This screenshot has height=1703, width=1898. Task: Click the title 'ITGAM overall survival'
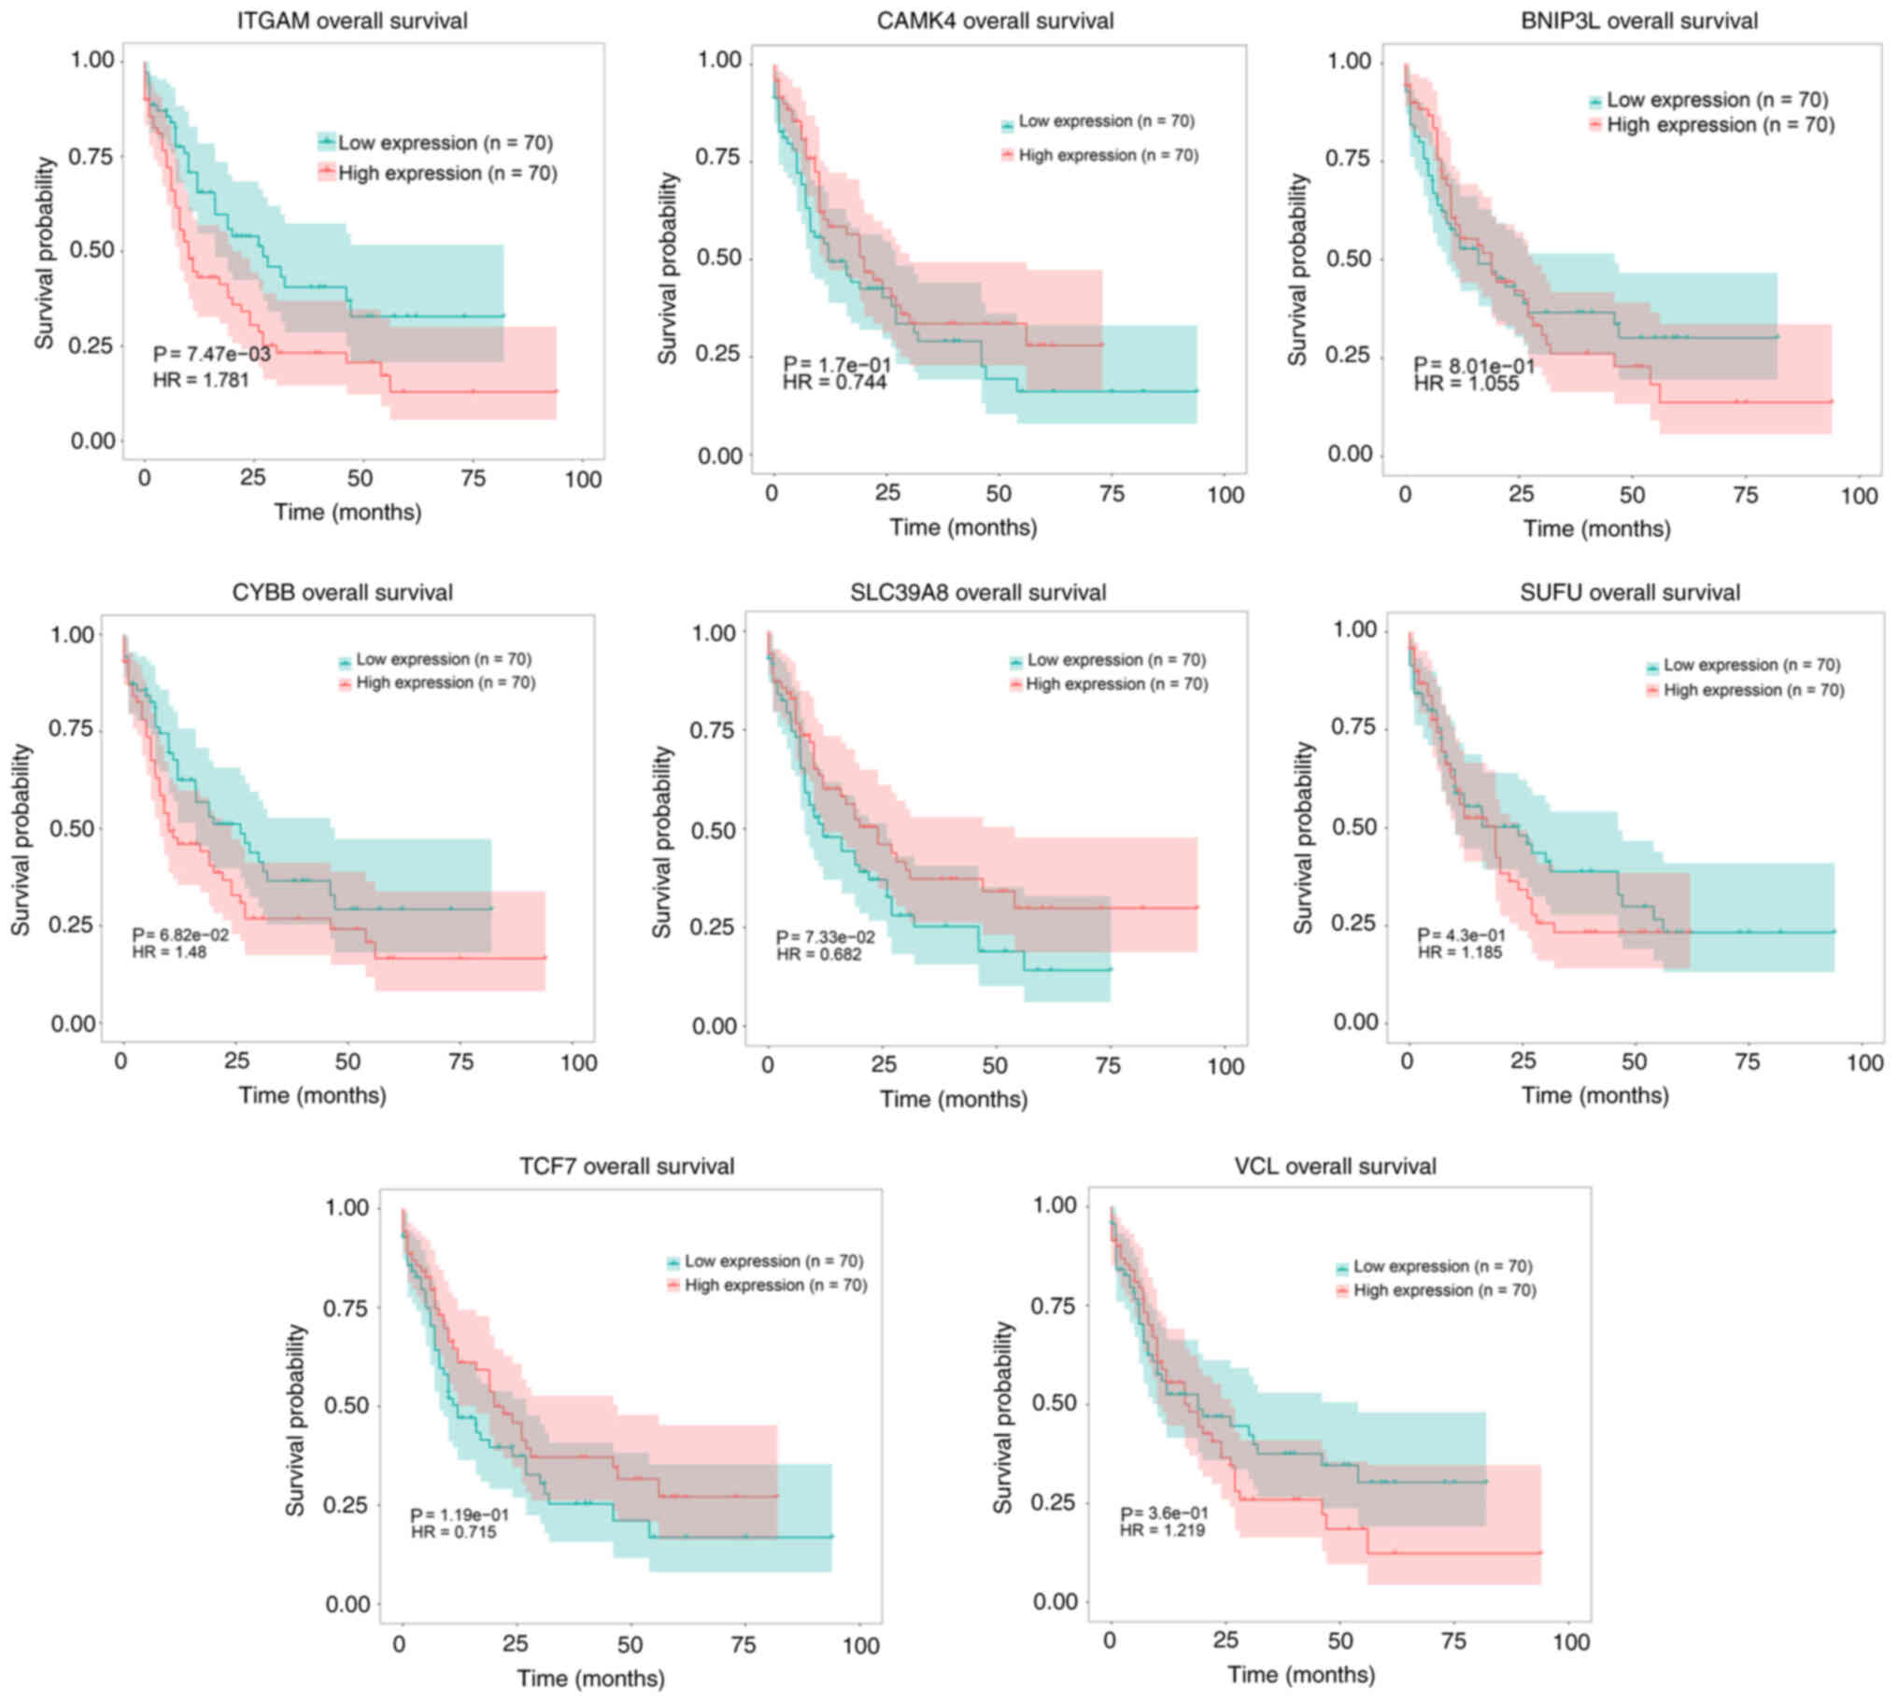click(x=352, y=21)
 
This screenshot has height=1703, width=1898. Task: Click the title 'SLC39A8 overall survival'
click(x=977, y=592)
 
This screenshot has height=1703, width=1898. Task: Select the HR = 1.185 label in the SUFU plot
click(x=1459, y=952)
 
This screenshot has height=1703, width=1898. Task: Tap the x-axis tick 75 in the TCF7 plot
click(x=744, y=1645)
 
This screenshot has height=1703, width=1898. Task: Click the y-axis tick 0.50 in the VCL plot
click(x=1054, y=1402)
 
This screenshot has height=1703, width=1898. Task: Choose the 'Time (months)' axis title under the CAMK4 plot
click(x=962, y=528)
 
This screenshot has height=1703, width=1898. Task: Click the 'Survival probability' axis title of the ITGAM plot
click(x=45, y=253)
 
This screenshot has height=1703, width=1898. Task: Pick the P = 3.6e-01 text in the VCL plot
click(x=1163, y=1513)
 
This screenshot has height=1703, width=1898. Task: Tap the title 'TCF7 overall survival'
click(x=626, y=1166)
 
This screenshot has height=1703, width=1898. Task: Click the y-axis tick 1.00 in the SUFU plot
click(x=1354, y=629)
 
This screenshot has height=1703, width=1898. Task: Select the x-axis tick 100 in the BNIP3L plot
click(x=1858, y=496)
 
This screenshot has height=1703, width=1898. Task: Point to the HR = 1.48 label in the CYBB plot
click(x=169, y=952)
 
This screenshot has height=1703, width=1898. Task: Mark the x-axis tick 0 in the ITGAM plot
click(x=144, y=479)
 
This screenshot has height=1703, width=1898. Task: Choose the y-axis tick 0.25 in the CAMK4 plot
click(x=720, y=355)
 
